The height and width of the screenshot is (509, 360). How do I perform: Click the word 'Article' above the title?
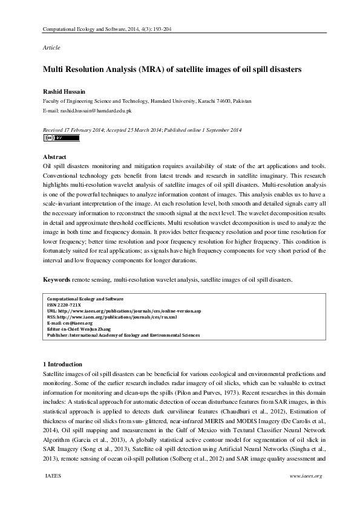tap(51, 47)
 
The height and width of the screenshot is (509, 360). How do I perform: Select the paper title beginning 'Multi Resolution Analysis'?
tap(172, 70)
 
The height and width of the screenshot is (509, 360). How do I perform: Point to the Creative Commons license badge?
tap(61, 138)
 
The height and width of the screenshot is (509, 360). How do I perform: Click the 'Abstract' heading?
tap(55, 156)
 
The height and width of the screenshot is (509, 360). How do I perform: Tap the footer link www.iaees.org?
tap(306, 476)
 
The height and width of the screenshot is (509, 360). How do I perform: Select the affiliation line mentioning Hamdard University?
tap(146, 101)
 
